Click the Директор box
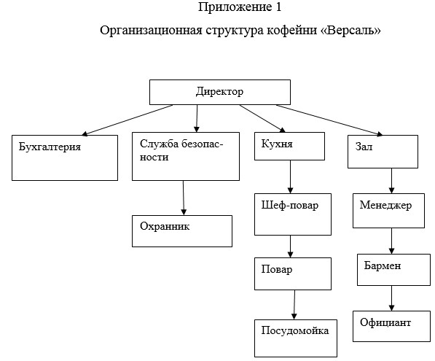pos(220,92)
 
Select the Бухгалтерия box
pos(65,158)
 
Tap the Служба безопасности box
pos(186,156)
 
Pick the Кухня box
pos(289,146)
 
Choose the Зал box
pos(383,152)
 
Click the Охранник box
pos(182,231)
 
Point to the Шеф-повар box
pos(293,214)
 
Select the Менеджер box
pos(388,211)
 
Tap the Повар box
pos(293,273)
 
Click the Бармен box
pos(393,270)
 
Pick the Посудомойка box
pos(296,338)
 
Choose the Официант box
pos(391,326)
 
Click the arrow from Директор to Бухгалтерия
pos(128,120)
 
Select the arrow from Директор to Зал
pos(329,120)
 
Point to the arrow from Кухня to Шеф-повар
pos(291,177)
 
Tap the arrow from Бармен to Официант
pos(392,298)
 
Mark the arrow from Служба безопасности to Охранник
pos(184,198)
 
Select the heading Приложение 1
pos(240,7)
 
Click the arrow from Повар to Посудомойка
pos(294,305)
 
